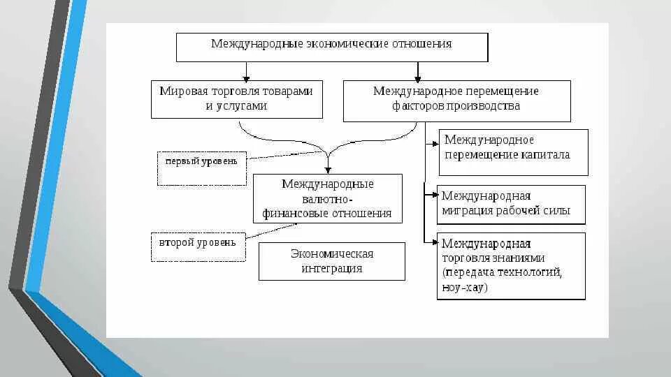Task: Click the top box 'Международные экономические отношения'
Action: [331, 46]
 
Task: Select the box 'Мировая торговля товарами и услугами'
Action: [237, 99]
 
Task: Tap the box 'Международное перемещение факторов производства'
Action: [456, 101]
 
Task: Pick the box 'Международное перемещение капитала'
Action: [513, 151]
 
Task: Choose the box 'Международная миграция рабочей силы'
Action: [511, 205]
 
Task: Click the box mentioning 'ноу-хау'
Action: [511, 266]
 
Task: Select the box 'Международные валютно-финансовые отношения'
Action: [327, 198]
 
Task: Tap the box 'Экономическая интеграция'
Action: [331, 261]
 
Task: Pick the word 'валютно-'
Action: [327, 199]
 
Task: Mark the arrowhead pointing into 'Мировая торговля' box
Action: [246, 77]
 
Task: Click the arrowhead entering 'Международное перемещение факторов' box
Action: [418, 77]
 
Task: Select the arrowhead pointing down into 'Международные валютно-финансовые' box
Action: [327, 170]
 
